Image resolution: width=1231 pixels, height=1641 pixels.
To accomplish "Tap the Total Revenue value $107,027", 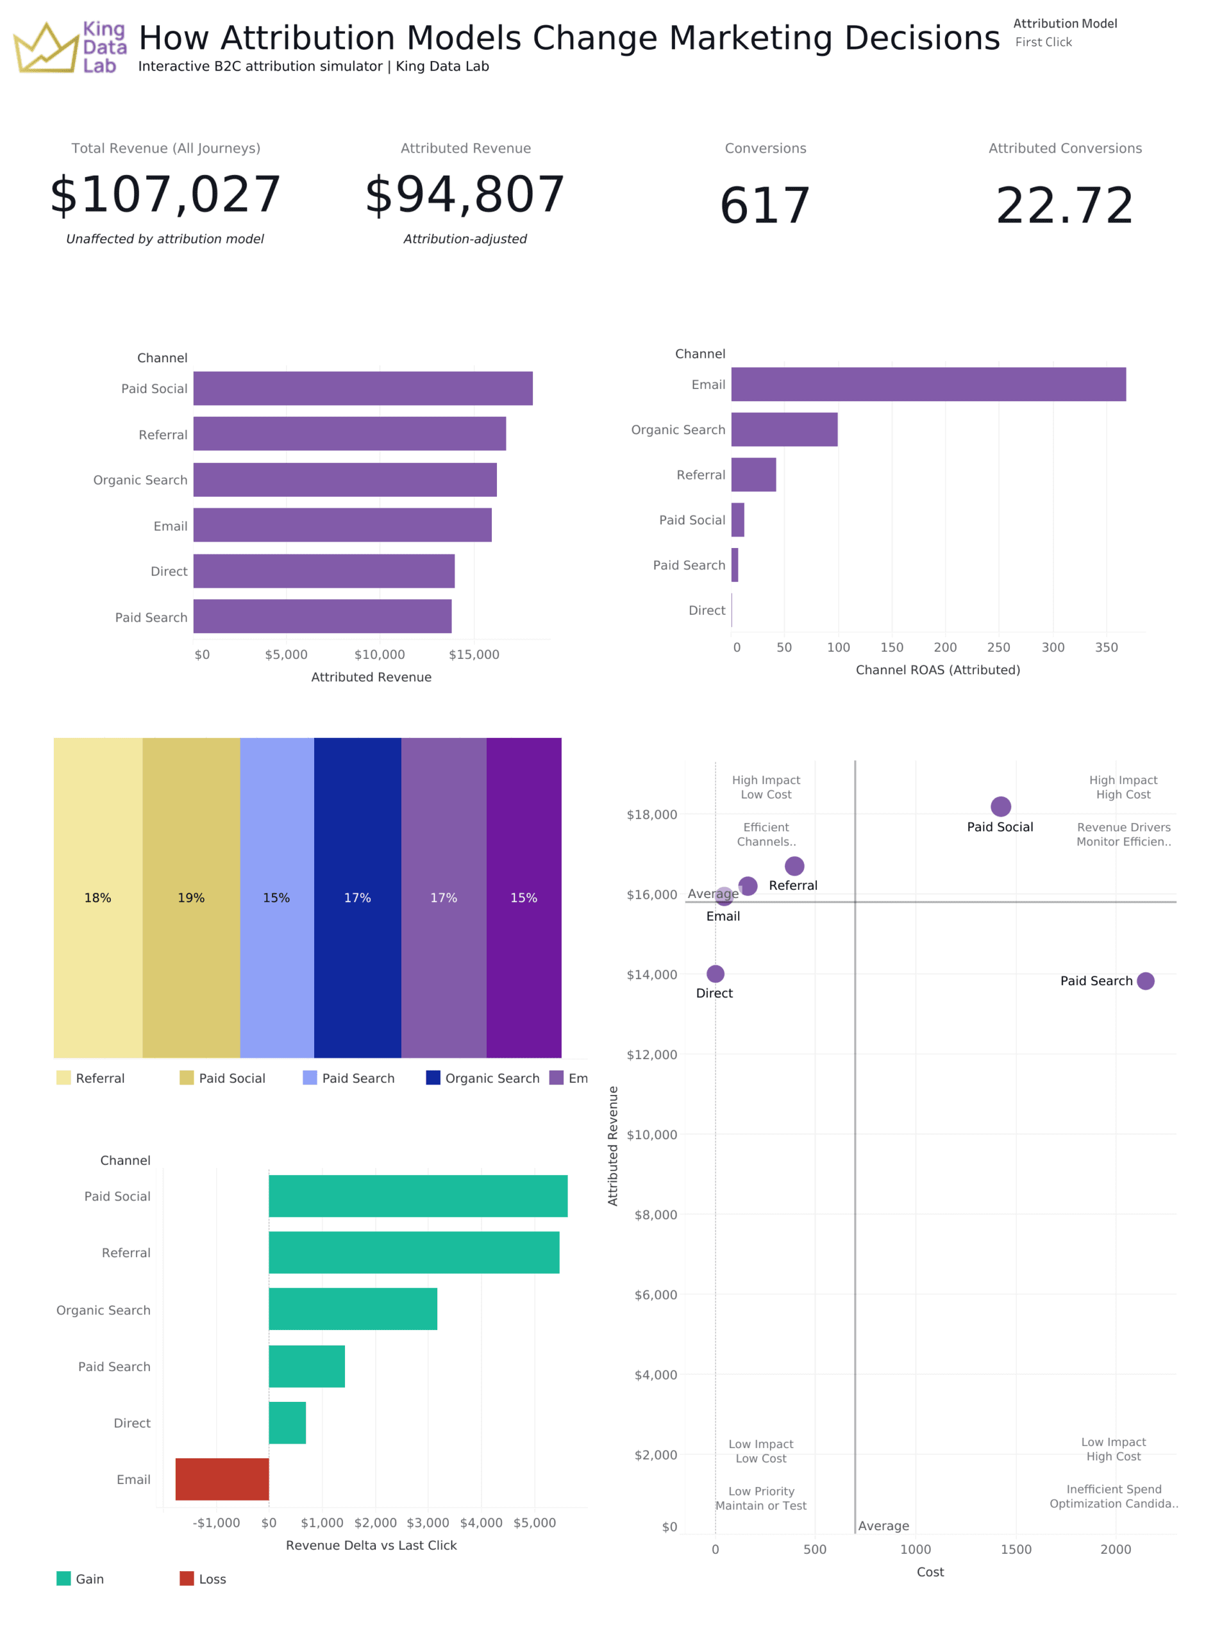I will pyautogui.click(x=165, y=194).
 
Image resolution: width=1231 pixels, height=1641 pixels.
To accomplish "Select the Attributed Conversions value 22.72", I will pyautogui.click(x=1064, y=206).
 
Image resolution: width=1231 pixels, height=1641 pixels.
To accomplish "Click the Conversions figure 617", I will pyautogui.click(x=764, y=206).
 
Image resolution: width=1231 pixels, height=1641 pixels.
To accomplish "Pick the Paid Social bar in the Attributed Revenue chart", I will pyautogui.click(x=362, y=388).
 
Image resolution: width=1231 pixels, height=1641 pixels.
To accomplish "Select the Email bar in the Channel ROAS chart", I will pyautogui.click(x=928, y=384).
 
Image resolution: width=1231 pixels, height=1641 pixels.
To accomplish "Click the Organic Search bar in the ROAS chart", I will pyautogui.click(x=783, y=429).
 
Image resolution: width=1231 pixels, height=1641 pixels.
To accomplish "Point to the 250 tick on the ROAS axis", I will pyautogui.click(x=998, y=647).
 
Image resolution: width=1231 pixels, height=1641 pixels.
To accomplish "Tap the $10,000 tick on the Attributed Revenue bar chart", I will pyautogui.click(x=379, y=654).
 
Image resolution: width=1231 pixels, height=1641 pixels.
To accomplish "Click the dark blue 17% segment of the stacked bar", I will pyautogui.click(x=357, y=897).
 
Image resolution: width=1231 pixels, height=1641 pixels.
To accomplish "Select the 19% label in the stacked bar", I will pyautogui.click(x=190, y=897).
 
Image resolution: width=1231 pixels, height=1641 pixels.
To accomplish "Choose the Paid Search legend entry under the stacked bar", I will pyautogui.click(x=349, y=1078).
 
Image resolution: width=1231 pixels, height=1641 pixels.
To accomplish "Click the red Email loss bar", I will pyautogui.click(x=222, y=1479).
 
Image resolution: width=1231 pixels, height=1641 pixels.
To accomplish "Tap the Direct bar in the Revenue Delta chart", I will pyautogui.click(x=287, y=1422).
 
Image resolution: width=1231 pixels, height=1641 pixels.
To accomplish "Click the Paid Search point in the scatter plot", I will pyautogui.click(x=1145, y=981).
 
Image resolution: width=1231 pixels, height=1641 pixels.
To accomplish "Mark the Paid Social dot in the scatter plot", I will pyautogui.click(x=1000, y=806).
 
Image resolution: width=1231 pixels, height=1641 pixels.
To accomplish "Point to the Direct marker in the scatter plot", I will pyautogui.click(x=716, y=973).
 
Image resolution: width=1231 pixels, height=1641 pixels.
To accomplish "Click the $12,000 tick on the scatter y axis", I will pyautogui.click(x=651, y=1054).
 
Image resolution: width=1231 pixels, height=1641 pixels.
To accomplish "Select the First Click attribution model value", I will pyautogui.click(x=1043, y=42).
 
